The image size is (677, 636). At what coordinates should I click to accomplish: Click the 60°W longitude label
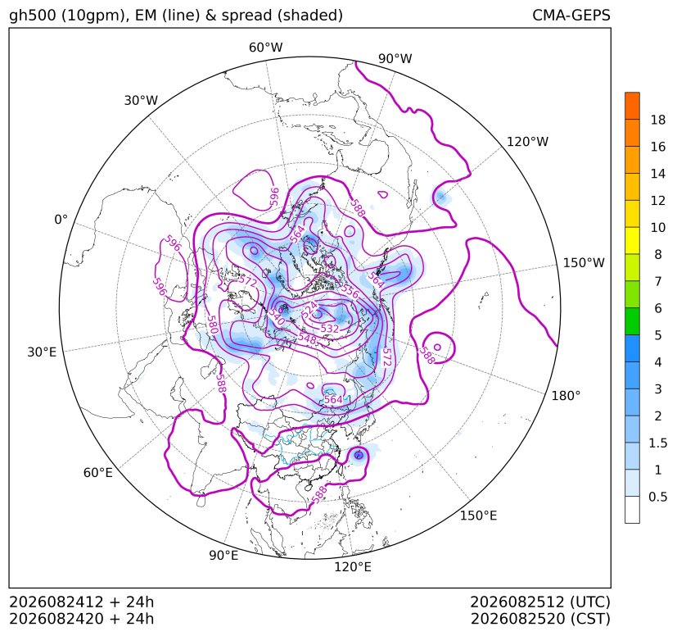(x=265, y=48)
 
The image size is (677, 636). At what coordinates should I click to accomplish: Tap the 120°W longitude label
(x=527, y=142)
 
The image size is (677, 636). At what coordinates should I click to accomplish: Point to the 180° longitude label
(x=566, y=396)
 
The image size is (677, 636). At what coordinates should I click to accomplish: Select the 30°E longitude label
(x=42, y=352)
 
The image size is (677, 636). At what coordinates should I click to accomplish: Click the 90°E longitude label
(x=223, y=556)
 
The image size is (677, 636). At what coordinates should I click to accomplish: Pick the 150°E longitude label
(x=478, y=516)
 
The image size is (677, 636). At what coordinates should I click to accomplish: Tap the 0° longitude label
(x=61, y=220)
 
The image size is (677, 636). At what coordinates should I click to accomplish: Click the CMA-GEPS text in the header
(x=571, y=15)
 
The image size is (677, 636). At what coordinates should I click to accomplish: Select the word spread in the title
(x=246, y=16)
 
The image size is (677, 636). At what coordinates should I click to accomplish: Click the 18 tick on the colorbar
(x=658, y=120)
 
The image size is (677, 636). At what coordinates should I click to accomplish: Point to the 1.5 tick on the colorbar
(x=658, y=443)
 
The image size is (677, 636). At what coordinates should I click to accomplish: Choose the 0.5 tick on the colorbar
(x=658, y=497)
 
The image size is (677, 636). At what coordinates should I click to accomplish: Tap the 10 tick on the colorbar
(x=658, y=227)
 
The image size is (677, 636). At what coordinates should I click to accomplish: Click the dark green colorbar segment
(x=632, y=321)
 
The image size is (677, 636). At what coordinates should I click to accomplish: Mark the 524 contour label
(x=309, y=311)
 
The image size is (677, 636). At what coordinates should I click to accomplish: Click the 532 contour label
(x=330, y=329)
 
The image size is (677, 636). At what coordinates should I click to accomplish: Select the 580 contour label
(x=212, y=325)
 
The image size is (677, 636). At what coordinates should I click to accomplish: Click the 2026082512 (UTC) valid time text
(x=540, y=602)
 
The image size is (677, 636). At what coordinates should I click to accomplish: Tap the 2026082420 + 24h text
(x=82, y=619)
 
